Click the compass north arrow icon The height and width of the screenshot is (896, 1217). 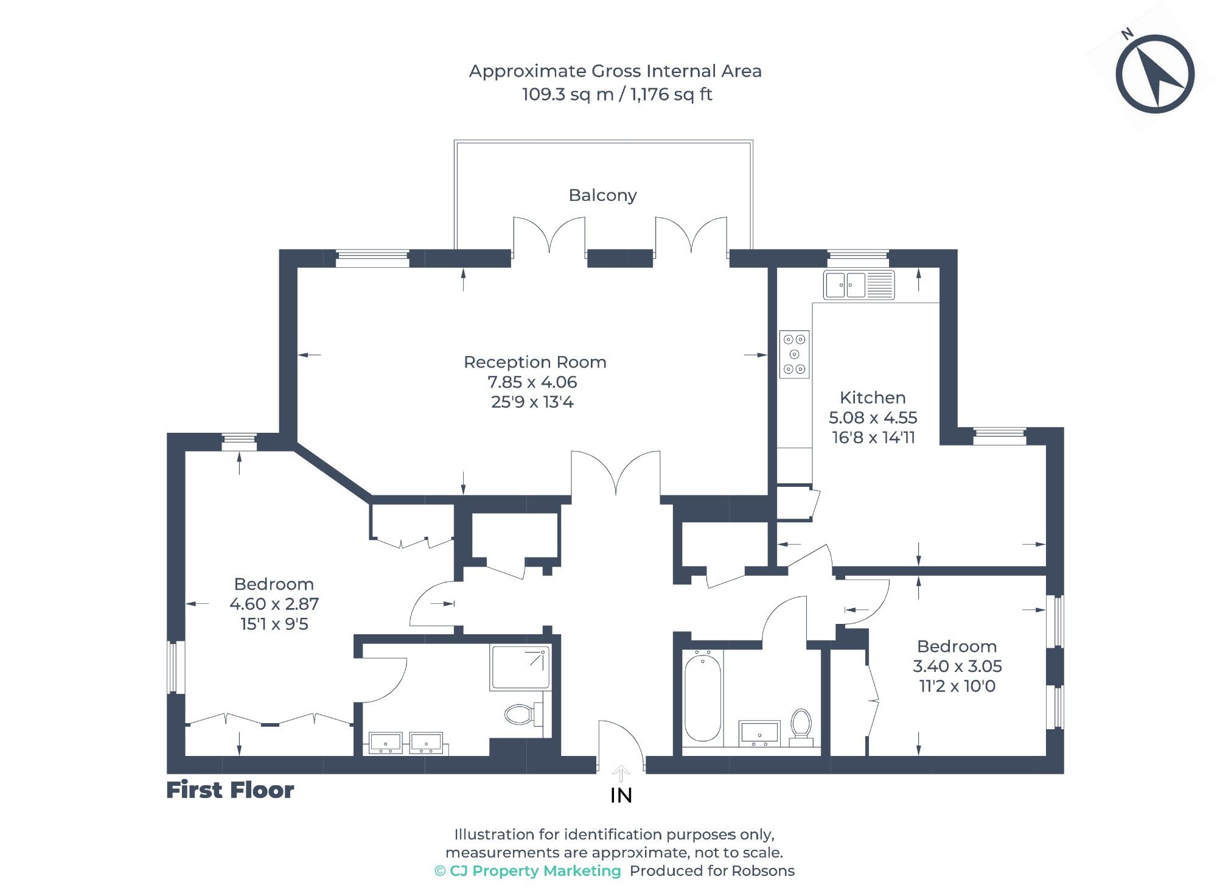[x=1155, y=74]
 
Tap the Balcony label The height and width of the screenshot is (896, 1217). [x=602, y=195]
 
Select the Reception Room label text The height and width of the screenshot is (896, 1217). [x=535, y=362]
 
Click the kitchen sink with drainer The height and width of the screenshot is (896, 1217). [x=859, y=285]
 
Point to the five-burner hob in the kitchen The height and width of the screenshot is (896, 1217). [x=794, y=354]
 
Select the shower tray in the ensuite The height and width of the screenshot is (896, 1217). [x=520, y=667]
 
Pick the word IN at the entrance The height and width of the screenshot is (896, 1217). [x=621, y=796]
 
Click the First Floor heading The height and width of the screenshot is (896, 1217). [x=230, y=790]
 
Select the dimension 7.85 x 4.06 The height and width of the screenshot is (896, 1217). [x=532, y=382]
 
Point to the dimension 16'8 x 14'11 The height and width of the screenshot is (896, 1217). [x=873, y=438]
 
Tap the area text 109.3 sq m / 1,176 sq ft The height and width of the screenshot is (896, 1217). [x=616, y=94]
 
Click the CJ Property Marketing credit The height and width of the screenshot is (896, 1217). [x=528, y=871]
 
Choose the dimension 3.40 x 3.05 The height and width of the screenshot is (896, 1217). [x=957, y=666]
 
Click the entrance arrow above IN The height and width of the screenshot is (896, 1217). [x=621, y=773]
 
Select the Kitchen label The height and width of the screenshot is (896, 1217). [x=873, y=397]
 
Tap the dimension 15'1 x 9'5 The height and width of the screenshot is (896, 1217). [x=274, y=624]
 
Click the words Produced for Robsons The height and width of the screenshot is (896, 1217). [x=712, y=871]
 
